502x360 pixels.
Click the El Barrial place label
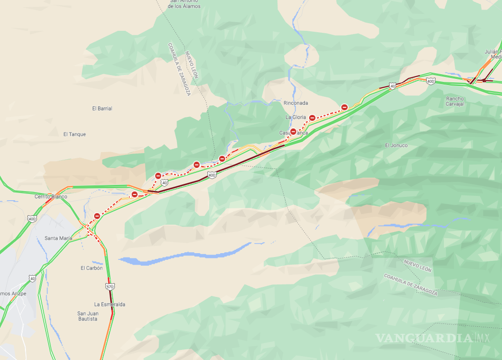[x=102, y=108]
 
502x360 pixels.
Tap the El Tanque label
[x=75, y=134]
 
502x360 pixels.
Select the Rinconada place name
[x=296, y=103]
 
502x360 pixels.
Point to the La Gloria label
[x=296, y=117]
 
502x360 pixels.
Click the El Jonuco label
[x=396, y=145]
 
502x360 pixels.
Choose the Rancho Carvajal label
[x=455, y=101]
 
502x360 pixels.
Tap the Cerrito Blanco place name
[x=51, y=196]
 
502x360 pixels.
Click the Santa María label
[x=58, y=238]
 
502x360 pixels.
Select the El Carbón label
[x=91, y=268]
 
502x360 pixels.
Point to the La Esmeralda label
[x=110, y=304]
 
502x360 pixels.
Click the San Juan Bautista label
[x=88, y=316]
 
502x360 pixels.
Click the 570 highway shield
[x=110, y=286]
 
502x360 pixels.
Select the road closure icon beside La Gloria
[x=312, y=117]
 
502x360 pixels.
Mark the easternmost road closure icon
[x=344, y=107]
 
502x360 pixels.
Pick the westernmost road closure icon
[x=97, y=216]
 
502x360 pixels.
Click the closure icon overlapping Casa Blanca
[x=293, y=131]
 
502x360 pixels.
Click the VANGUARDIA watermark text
[x=423, y=338]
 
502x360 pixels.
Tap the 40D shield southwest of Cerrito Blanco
[x=32, y=219]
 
